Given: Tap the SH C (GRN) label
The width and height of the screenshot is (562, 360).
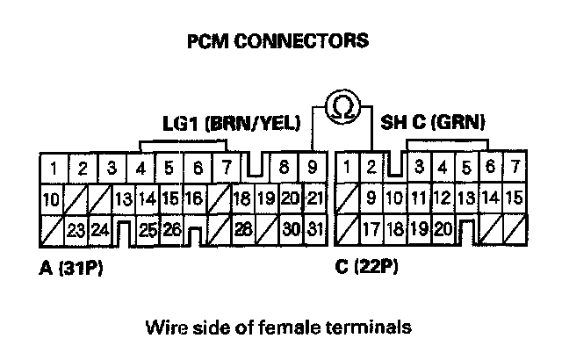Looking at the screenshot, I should tap(433, 122).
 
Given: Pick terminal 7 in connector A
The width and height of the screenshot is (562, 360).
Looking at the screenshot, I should tap(227, 167).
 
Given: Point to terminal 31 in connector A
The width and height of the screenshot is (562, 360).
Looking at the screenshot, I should tap(315, 231).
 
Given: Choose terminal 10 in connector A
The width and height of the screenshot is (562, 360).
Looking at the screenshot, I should tap(52, 199).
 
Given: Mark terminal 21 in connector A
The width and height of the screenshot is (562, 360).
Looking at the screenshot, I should tap(315, 198).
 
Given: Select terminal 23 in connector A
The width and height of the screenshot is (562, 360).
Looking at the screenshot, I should tap(76, 231).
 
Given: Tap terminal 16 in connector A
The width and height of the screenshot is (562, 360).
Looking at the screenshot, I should tap(194, 199).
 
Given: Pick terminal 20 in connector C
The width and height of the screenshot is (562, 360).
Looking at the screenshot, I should tap(443, 231).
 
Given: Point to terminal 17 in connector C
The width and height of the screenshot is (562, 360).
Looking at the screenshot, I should tap(371, 231).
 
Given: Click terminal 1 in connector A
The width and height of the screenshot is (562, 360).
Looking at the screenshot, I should tap(54, 167).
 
